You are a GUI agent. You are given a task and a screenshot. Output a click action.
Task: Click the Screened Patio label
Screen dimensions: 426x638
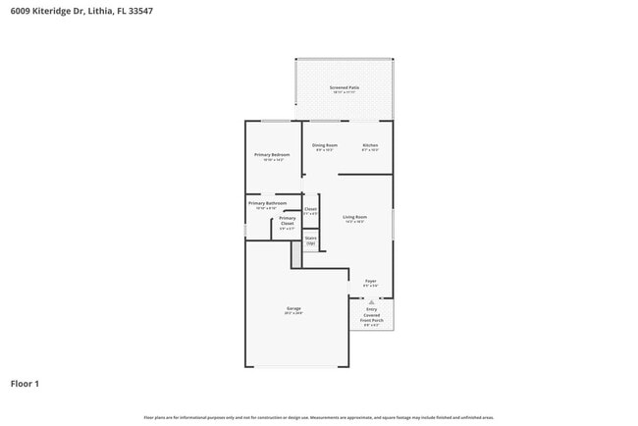tap(344, 88)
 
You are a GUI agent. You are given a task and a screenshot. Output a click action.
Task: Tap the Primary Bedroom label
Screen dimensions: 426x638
tap(272, 155)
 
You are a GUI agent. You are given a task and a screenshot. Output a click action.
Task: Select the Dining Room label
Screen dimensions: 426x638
tap(325, 146)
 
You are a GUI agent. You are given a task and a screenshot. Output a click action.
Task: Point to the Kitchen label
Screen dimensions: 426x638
tap(370, 146)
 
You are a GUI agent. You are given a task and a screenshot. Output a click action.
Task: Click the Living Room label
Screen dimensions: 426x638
tap(354, 217)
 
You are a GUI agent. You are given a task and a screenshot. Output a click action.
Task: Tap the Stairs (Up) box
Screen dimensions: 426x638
tap(310, 240)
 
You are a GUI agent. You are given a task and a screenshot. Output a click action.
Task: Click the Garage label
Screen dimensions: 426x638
tap(293, 309)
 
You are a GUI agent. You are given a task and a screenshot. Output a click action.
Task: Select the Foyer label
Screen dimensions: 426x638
tap(370, 282)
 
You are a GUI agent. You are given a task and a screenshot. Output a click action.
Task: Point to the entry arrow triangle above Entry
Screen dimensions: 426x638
tap(372, 300)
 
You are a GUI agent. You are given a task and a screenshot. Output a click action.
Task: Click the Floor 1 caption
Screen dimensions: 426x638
tap(25, 383)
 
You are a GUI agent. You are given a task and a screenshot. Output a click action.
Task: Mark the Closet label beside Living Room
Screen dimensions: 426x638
tap(310, 210)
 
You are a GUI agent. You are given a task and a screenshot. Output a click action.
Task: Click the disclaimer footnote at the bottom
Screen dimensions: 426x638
tap(319, 417)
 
